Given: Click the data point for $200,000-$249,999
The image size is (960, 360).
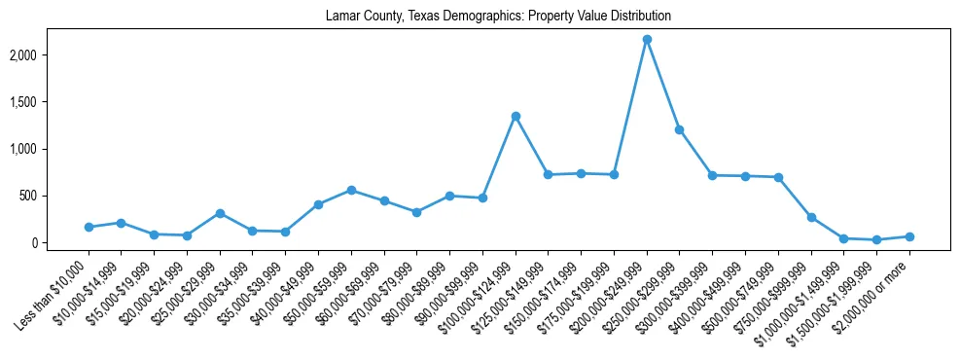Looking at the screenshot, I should click(647, 40).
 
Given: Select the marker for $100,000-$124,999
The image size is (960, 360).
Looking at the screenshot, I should click(516, 117).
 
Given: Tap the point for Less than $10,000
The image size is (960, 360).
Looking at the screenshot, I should click(89, 227).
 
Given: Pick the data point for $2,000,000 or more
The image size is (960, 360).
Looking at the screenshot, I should click(909, 236).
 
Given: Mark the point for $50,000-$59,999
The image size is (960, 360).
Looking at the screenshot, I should click(351, 190).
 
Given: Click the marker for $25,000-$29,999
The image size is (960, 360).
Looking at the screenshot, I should click(220, 213).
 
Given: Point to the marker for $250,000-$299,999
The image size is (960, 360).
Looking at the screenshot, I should click(680, 129).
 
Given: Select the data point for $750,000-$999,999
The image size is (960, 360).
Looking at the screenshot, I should click(811, 217).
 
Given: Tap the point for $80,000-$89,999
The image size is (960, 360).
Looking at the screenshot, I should click(449, 196).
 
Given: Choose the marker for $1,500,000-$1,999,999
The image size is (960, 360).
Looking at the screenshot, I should click(876, 239).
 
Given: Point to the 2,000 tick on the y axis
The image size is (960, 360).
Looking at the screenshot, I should click(48, 55).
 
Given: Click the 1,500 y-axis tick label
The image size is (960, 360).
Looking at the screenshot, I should click(48, 102).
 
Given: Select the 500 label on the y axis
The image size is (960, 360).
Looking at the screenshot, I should click(53, 196).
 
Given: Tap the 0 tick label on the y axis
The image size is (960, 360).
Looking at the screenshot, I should click(59, 242).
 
